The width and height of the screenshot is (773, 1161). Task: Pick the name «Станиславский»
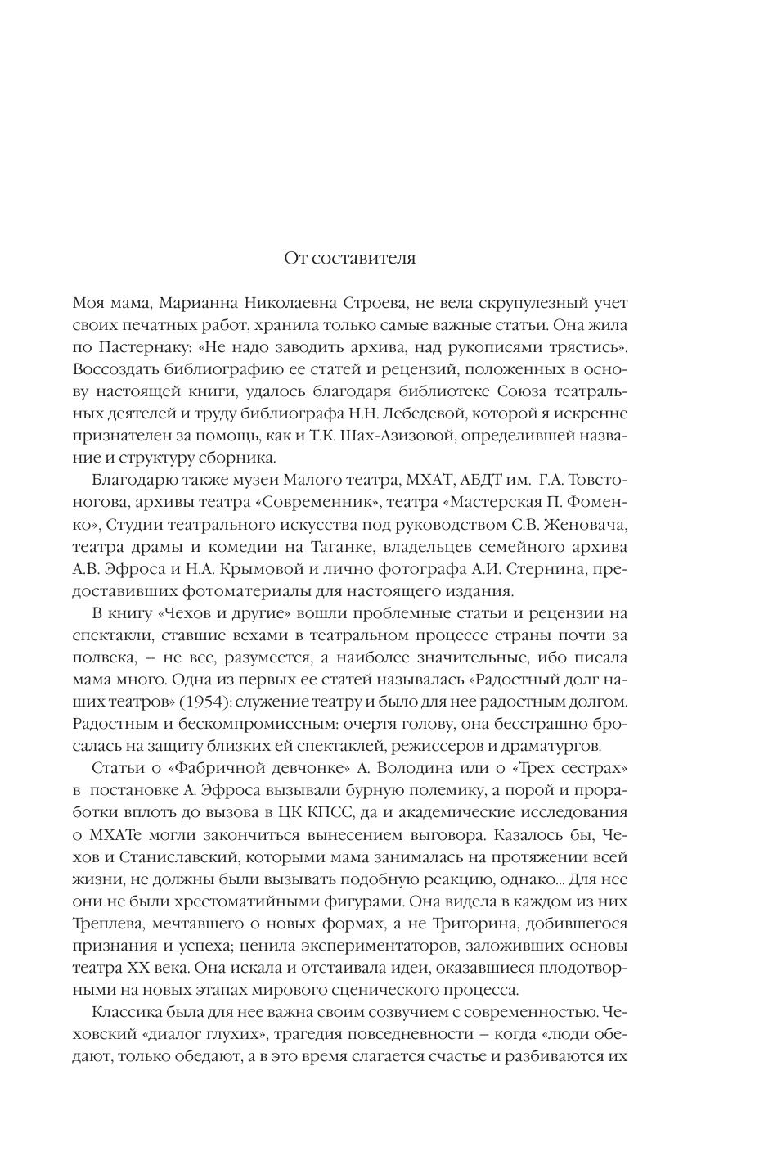pyautogui.click(x=171, y=857)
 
